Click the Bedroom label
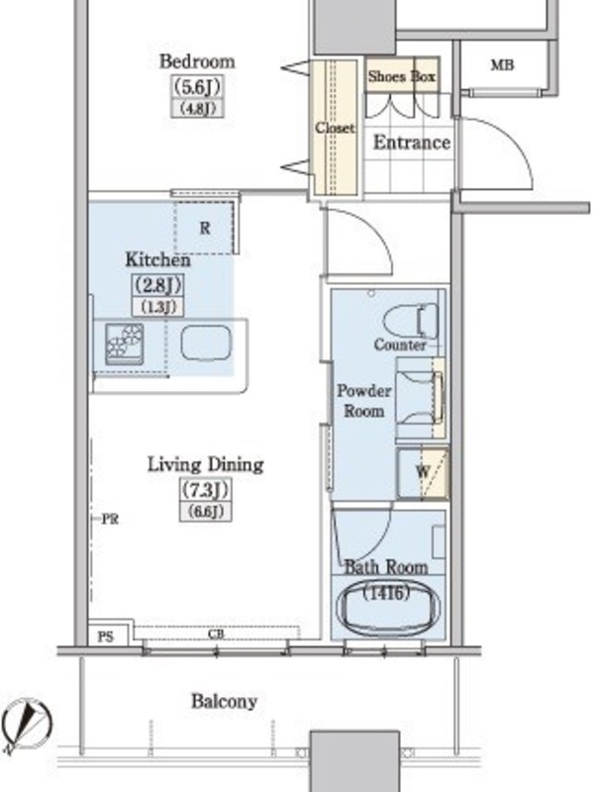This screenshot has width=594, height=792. (197, 61)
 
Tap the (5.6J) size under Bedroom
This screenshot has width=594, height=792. (197, 87)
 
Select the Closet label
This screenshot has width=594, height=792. (335, 128)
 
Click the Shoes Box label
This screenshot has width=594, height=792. (402, 77)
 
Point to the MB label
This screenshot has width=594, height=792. (502, 65)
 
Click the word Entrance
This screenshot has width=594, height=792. (412, 143)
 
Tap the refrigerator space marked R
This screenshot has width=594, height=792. (205, 228)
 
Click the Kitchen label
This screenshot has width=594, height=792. (158, 260)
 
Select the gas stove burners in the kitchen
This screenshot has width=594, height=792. (125, 344)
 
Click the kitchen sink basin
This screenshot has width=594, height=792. (206, 343)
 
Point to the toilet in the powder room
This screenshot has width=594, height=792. (411, 321)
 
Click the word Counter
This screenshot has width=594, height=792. (400, 345)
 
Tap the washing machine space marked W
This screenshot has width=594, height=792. (423, 473)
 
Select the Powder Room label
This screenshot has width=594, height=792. (363, 401)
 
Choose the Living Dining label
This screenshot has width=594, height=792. (205, 464)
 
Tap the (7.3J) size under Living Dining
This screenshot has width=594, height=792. (206, 489)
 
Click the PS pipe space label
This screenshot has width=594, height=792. (105, 637)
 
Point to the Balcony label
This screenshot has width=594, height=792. (224, 701)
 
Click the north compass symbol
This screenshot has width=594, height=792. (27, 726)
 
